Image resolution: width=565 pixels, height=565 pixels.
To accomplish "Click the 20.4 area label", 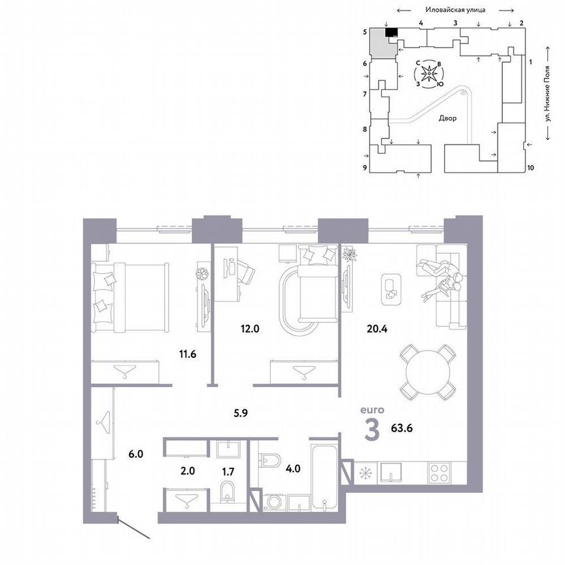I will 375,329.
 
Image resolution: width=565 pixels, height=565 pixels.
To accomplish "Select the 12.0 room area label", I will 250,329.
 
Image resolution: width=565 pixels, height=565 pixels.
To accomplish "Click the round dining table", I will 428,373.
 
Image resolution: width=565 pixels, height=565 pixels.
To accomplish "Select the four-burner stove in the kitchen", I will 439,471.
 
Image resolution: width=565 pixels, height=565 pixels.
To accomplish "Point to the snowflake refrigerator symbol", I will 365,471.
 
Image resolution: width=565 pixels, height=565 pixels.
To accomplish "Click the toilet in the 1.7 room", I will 228,492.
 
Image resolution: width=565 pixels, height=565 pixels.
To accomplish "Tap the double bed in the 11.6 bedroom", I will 129,294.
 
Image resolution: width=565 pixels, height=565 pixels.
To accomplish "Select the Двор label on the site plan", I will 447,118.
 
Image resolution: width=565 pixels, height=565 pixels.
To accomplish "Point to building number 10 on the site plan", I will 530,167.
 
